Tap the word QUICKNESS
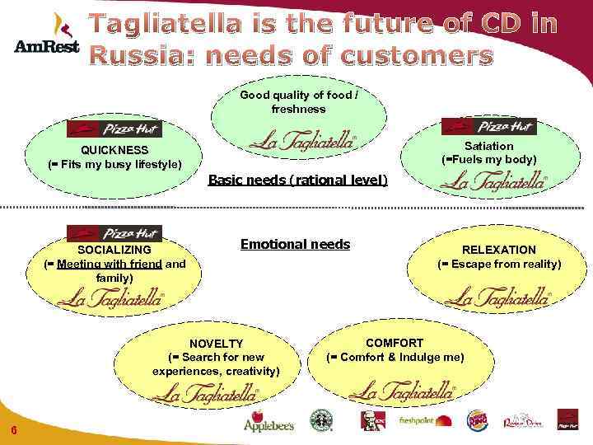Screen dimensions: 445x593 pos(114,150)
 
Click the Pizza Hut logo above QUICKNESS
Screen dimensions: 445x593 pos(114,129)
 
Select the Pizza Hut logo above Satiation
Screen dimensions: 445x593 pos(488,126)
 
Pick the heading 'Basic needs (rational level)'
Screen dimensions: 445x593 pos(298,179)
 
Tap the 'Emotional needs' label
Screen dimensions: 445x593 pos(295,244)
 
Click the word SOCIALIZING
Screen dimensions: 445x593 pos(114,250)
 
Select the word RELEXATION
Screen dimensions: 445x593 pos(498,250)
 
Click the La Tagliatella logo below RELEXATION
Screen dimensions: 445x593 pos(503,296)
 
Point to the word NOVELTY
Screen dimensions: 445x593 pos(216,344)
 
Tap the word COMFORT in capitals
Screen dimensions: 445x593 pos(395,343)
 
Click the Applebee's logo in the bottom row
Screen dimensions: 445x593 pos(268,420)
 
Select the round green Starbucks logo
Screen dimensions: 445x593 pos(320,419)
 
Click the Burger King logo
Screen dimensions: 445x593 pos(477,420)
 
